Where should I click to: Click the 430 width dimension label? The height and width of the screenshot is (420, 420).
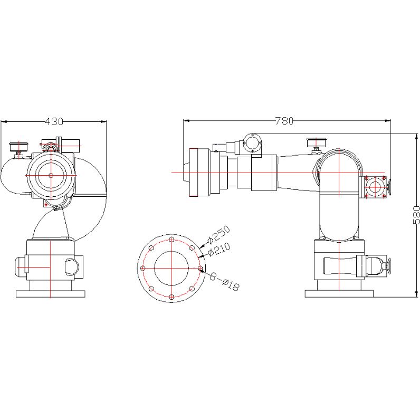(x=54, y=121)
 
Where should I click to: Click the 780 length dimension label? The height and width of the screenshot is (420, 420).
(x=284, y=121)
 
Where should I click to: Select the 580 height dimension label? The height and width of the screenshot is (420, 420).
(x=416, y=215)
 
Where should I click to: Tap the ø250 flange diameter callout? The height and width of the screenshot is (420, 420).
(x=218, y=235)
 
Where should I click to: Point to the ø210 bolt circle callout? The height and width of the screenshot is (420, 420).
(x=219, y=250)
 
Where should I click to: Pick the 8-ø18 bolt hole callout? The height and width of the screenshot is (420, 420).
(x=224, y=281)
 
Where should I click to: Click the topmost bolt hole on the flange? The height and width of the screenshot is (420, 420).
(x=171, y=239)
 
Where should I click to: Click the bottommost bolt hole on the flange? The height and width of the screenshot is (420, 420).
(x=171, y=297)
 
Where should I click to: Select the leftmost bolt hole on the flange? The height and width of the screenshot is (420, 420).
(x=143, y=268)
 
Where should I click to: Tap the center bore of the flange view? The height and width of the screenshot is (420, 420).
(x=171, y=268)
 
